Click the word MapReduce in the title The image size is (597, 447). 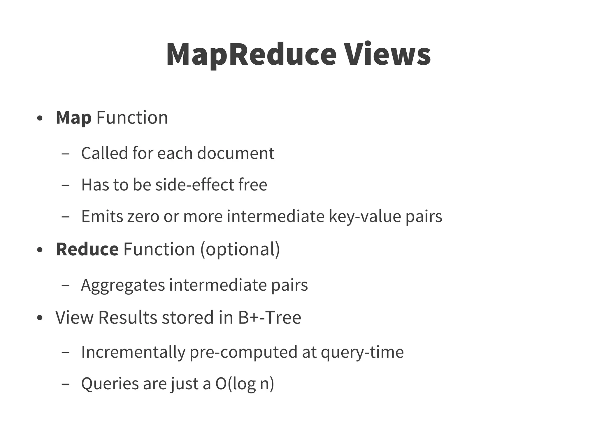pyautogui.click(x=251, y=55)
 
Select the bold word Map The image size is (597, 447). pyautogui.click(x=73, y=118)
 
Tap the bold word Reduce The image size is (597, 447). pyautogui.click(x=87, y=250)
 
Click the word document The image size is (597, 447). pyautogui.click(x=236, y=153)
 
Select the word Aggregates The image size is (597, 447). pyautogui.click(x=123, y=285)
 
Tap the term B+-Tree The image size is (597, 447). pyautogui.click(x=270, y=317)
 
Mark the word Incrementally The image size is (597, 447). pyautogui.click(x=133, y=352)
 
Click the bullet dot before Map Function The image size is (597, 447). pyautogui.click(x=40, y=119)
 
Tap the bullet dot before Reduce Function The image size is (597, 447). pyautogui.click(x=40, y=250)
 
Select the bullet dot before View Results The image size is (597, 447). pyautogui.click(x=40, y=318)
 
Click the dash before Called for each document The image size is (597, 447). pyautogui.click(x=66, y=154)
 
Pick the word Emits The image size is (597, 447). pyautogui.click(x=102, y=216)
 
